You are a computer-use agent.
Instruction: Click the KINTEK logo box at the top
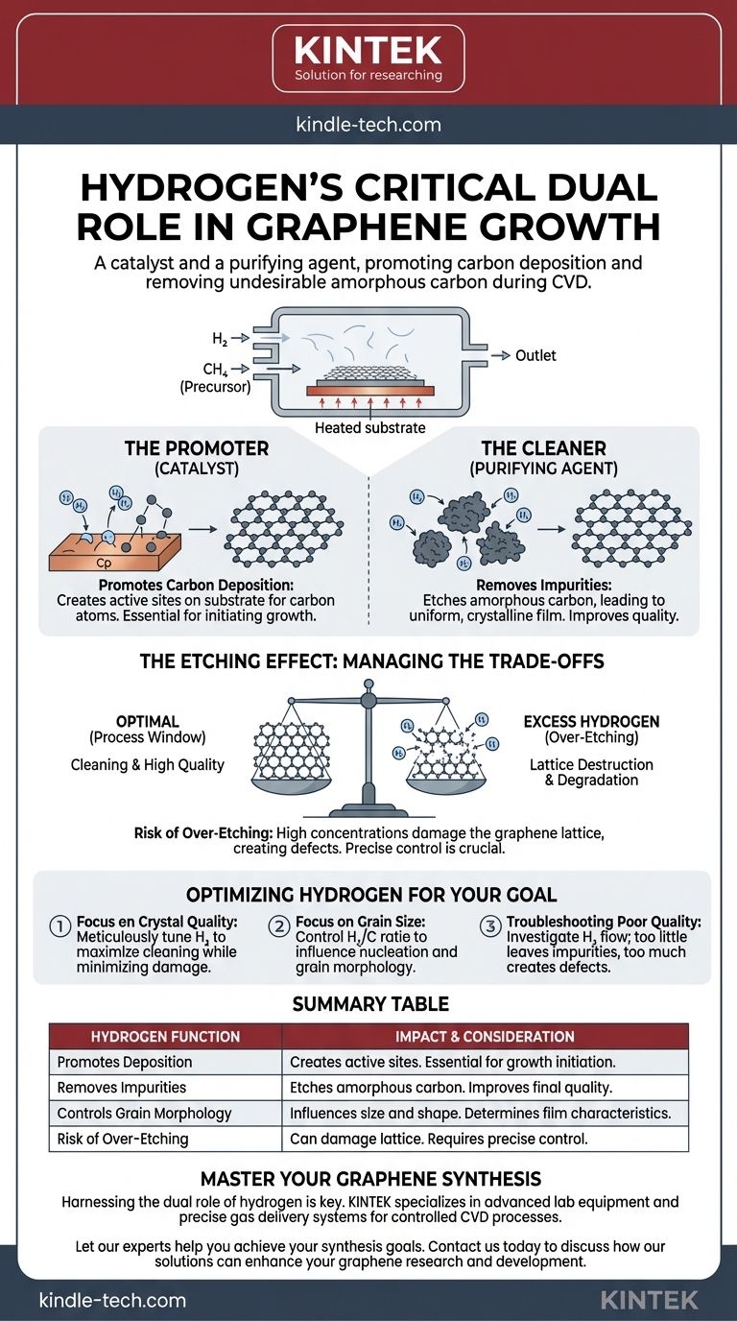pyautogui.click(x=368, y=59)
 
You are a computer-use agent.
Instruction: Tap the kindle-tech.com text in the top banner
pyautogui.click(x=368, y=125)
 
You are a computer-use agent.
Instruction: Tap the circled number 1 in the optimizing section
pyautogui.click(x=60, y=924)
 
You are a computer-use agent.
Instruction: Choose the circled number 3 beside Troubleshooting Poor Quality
pyautogui.click(x=491, y=924)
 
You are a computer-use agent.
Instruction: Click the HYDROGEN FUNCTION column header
pyautogui.click(x=165, y=1036)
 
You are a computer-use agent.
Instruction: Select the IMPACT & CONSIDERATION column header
pyautogui.click(x=485, y=1036)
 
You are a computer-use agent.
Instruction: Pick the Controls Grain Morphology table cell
pyautogui.click(x=144, y=1114)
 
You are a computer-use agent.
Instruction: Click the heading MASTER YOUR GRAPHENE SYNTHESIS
pyautogui.click(x=368, y=1178)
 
